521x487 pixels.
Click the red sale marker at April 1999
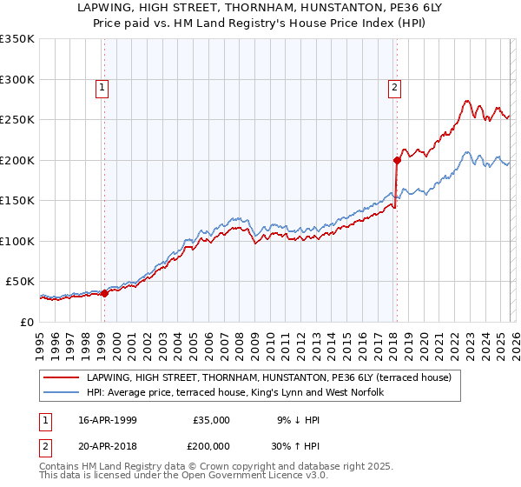[x=105, y=293]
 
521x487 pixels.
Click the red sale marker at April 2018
[x=397, y=160]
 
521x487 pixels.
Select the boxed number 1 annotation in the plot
[x=102, y=86]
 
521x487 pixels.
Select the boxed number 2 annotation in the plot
[x=394, y=86]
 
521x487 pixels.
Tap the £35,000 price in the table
[x=211, y=419]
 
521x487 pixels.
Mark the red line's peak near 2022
[x=467, y=101]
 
